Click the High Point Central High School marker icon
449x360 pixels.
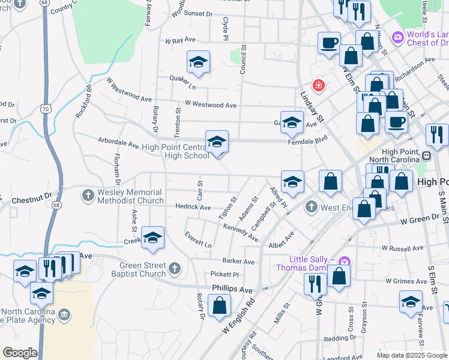(217, 142)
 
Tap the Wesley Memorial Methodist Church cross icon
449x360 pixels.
(88, 195)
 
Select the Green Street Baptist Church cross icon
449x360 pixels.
(175, 268)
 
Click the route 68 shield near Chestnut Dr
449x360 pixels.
(55, 205)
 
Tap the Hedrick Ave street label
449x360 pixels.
(193, 207)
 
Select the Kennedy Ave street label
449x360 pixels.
(240, 234)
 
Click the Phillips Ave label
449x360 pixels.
(232, 289)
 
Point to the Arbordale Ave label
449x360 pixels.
(118, 144)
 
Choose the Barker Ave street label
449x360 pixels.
(238, 262)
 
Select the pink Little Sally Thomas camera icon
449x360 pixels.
(344, 262)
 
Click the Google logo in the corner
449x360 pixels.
(20, 353)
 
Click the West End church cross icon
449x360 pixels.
(311, 208)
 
